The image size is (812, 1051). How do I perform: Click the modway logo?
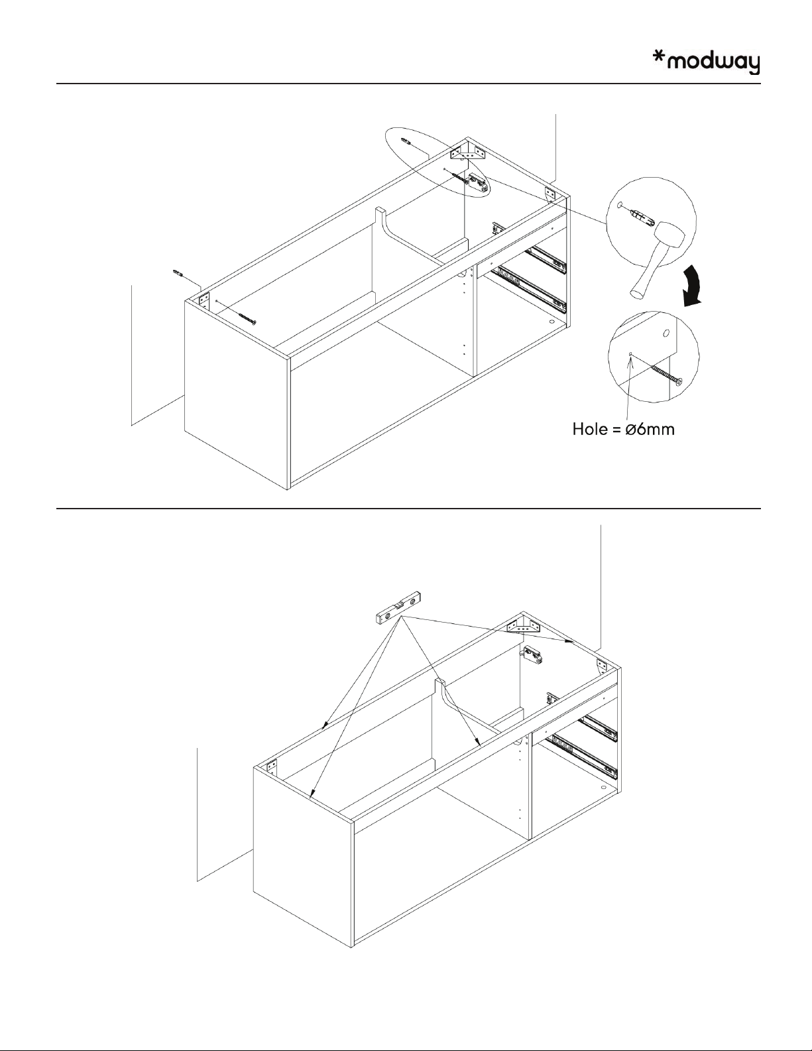[x=706, y=64]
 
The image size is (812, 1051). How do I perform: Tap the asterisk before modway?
[x=658, y=57]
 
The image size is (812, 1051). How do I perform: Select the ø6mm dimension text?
[x=650, y=429]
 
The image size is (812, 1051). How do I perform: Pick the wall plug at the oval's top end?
[x=407, y=141]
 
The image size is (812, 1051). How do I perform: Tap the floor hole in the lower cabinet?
[x=603, y=786]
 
